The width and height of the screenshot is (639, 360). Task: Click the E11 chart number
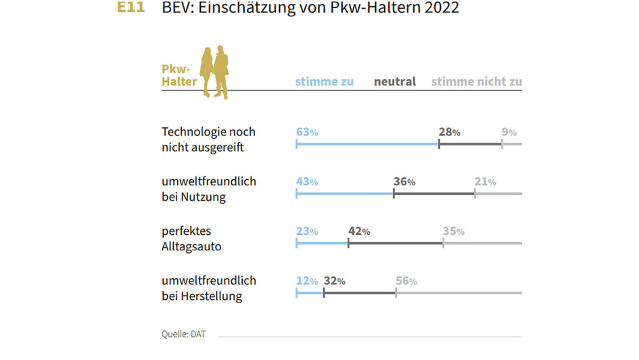click(x=131, y=8)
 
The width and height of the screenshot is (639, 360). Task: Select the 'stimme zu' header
click(x=325, y=82)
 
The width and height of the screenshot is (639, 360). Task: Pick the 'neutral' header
click(x=395, y=82)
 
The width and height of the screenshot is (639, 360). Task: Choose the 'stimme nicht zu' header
click(x=476, y=82)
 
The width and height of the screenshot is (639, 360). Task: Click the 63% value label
click(x=307, y=133)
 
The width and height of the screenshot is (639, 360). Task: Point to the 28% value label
click(x=450, y=133)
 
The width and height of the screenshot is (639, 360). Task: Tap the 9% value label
click(x=508, y=133)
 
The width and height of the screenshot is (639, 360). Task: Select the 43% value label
click(x=307, y=182)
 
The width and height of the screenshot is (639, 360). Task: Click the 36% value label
click(x=404, y=182)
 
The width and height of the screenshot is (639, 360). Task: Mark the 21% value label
click(x=486, y=182)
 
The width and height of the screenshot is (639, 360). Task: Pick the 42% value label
click(x=359, y=231)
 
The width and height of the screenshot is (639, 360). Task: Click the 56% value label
click(x=406, y=281)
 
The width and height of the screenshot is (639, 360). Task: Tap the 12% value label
click(x=307, y=281)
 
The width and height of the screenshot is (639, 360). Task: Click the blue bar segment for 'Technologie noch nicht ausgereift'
click(x=367, y=144)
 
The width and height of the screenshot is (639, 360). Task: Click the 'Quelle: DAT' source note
click(x=183, y=334)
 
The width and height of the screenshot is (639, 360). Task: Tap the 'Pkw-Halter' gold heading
click(x=179, y=75)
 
